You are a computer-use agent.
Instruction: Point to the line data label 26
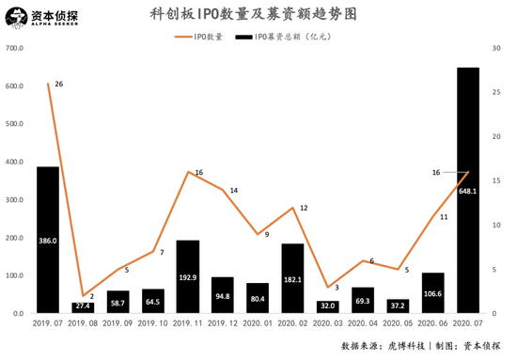tap(59, 85)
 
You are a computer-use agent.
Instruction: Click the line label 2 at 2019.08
tap(91, 297)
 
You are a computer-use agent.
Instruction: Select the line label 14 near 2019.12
tap(233, 191)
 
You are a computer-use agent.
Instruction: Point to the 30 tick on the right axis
tap(495, 49)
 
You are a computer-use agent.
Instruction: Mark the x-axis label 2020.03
tap(327, 322)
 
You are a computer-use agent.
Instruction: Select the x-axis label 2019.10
tap(153, 322)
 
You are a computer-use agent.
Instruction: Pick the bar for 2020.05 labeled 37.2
tap(398, 305)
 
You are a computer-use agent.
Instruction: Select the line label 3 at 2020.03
tap(336, 288)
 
